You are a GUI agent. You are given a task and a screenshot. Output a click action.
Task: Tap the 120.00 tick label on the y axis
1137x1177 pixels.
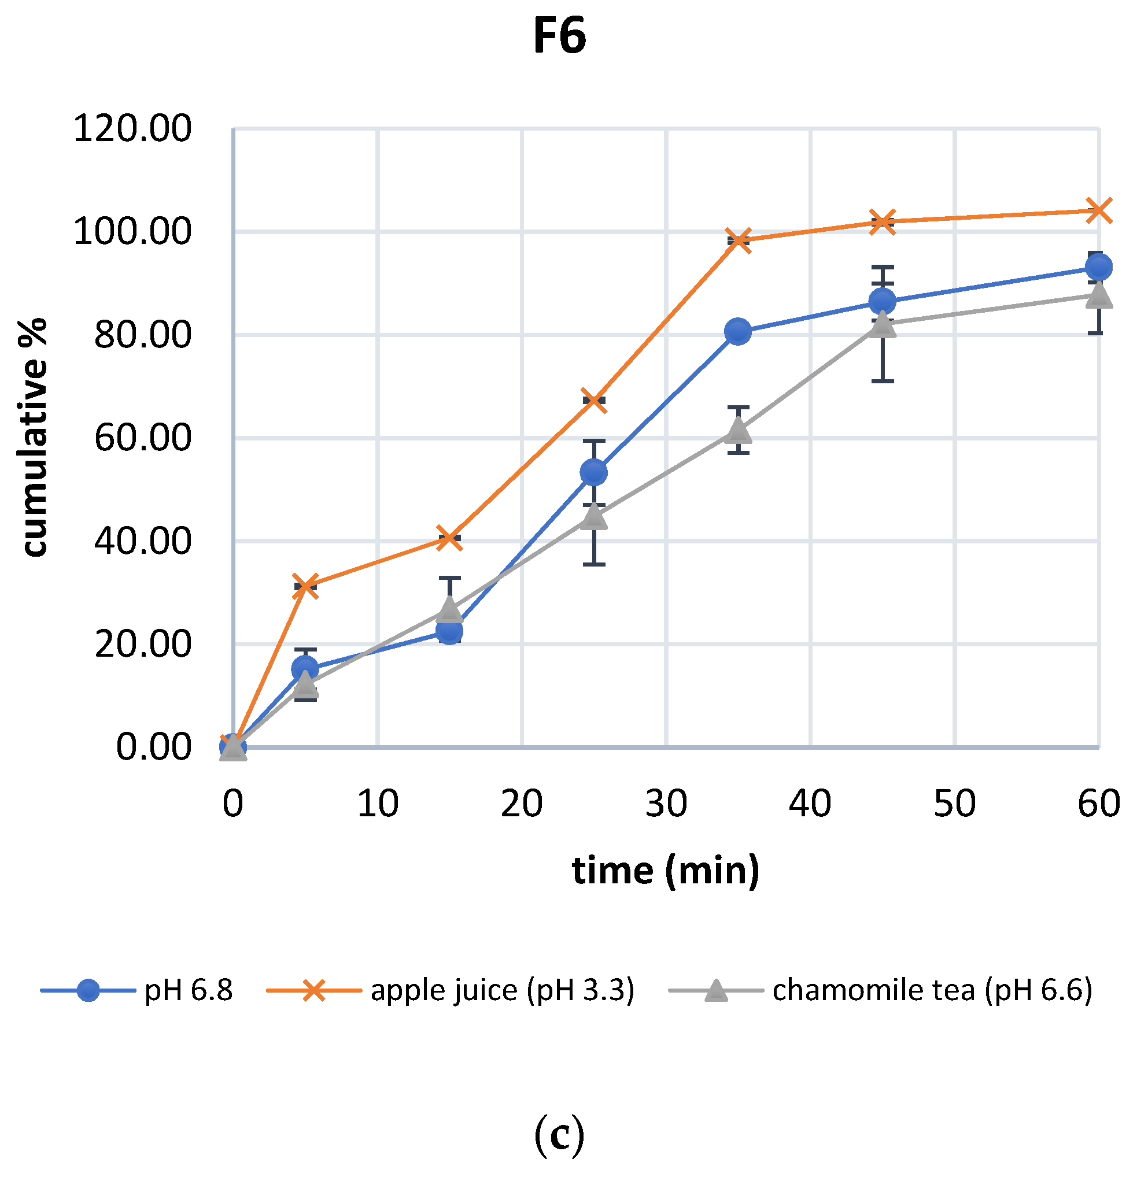pos(132,128)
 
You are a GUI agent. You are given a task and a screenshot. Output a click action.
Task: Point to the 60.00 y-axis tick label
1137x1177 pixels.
pos(143,438)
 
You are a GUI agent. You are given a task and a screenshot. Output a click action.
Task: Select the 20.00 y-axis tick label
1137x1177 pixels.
pos(143,645)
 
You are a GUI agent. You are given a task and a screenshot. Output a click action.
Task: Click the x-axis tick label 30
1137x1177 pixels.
pos(666,804)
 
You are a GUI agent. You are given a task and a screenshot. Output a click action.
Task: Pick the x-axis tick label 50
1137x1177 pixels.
pos(954,804)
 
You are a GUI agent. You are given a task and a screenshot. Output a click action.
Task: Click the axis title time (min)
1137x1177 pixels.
pos(666,871)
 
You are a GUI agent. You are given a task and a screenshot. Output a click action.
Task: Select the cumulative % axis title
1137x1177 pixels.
pos(34,438)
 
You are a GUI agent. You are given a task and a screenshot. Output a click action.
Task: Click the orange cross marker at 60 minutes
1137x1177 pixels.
pos(1099,211)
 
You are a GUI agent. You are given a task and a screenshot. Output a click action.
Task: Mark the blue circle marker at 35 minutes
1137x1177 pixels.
pos(737,331)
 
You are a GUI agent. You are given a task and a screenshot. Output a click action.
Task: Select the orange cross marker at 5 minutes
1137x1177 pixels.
pos(305,586)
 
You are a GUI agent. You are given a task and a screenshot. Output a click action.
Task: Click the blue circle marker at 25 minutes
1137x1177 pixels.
pos(593,473)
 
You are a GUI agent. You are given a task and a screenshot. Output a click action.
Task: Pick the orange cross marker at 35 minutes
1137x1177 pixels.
pos(737,241)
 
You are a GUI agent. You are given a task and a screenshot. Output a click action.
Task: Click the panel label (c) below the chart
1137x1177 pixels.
pos(559,1133)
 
